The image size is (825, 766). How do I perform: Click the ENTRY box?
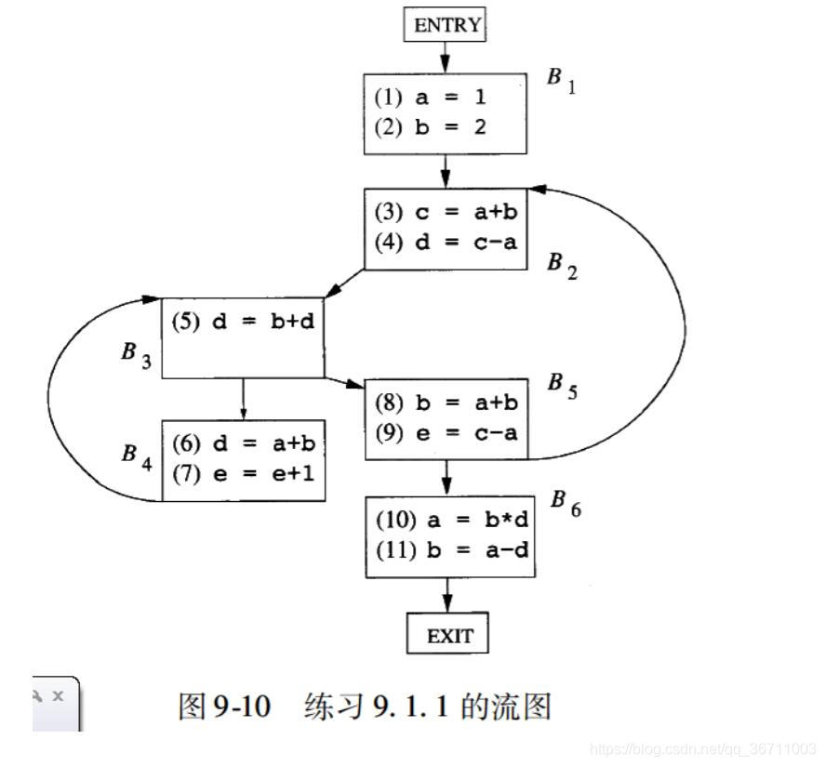446,25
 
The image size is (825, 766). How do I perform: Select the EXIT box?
448,636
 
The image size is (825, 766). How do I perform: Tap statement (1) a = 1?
430,97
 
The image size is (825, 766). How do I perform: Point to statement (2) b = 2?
430,127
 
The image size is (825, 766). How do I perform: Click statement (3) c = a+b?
445,211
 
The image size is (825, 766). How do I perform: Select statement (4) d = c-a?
445,243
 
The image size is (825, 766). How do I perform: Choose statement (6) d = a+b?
243,443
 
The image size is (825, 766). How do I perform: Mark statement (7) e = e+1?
243,473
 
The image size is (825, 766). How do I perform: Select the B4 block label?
136,456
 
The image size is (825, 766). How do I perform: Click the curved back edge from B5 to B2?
685,325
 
